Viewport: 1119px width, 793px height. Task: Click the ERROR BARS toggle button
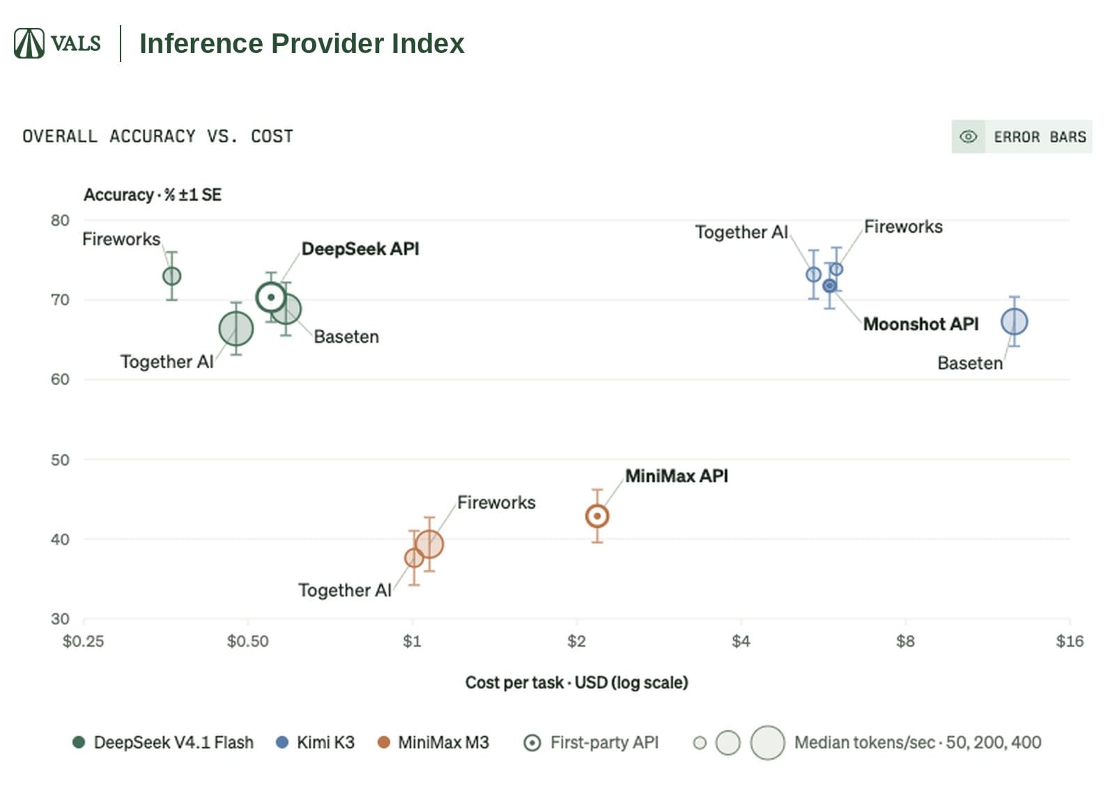click(x=1021, y=137)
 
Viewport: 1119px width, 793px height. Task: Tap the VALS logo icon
click(x=29, y=43)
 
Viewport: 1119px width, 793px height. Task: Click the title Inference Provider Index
click(x=302, y=43)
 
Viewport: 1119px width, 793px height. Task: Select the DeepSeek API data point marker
click(x=271, y=298)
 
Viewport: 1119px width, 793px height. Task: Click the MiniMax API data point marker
click(x=597, y=516)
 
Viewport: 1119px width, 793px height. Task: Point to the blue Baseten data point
click(x=1014, y=322)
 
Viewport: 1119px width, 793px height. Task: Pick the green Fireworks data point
click(x=172, y=276)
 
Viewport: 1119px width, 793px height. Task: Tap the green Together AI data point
click(x=236, y=329)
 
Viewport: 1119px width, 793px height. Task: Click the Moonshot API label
click(x=920, y=324)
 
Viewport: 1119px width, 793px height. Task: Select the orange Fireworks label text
click(x=496, y=502)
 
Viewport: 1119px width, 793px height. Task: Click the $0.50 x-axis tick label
click(x=248, y=640)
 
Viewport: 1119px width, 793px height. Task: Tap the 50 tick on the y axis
click(x=60, y=460)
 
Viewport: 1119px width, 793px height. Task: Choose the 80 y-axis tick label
click(x=60, y=220)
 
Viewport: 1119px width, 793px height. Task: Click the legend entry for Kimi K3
click(x=315, y=742)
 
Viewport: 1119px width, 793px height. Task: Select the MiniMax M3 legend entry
click(x=433, y=742)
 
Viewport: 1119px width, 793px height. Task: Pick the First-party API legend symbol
click(x=532, y=743)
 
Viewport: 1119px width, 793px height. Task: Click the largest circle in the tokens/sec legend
click(x=767, y=743)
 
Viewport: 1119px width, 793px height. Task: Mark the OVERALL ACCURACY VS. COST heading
click(x=158, y=136)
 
